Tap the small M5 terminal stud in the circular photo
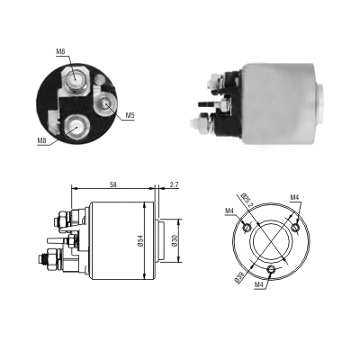[x=106, y=104]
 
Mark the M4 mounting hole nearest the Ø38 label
[x=272, y=269]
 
